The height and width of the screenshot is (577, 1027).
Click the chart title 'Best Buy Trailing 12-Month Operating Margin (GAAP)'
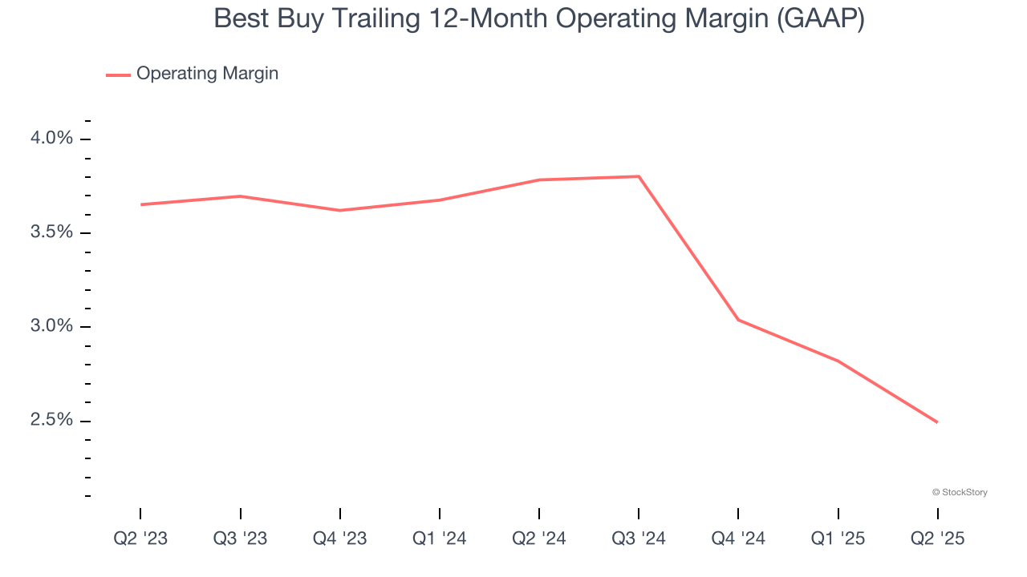click(x=538, y=18)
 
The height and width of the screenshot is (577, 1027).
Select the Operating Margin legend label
click(x=207, y=74)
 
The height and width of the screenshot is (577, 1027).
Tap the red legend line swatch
click(x=118, y=75)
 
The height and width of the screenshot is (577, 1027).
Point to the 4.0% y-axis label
click(x=51, y=139)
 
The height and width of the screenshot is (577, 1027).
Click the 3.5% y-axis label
click(x=51, y=232)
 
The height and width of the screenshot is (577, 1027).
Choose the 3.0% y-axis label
click(x=51, y=326)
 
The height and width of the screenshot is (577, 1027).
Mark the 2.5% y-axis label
click(x=51, y=420)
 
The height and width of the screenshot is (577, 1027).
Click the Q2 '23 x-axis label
click(x=140, y=539)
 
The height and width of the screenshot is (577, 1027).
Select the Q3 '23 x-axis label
click(x=240, y=539)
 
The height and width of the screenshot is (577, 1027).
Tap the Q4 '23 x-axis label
click(x=339, y=539)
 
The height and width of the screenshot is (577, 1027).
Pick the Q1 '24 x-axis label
click(x=440, y=539)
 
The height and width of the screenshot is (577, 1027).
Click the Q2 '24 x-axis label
click(x=539, y=539)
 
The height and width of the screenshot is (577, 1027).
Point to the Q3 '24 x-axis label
click(x=639, y=539)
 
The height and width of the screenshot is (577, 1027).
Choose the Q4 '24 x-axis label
click(x=738, y=539)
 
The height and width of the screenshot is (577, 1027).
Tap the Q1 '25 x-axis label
click(x=838, y=539)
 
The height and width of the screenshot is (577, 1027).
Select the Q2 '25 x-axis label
click(x=938, y=539)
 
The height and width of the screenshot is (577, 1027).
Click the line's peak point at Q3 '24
click(x=639, y=176)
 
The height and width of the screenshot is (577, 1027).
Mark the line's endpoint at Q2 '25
click(x=937, y=422)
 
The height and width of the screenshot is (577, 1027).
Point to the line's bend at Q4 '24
click(x=738, y=320)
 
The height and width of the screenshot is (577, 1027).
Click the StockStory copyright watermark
click(x=960, y=492)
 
